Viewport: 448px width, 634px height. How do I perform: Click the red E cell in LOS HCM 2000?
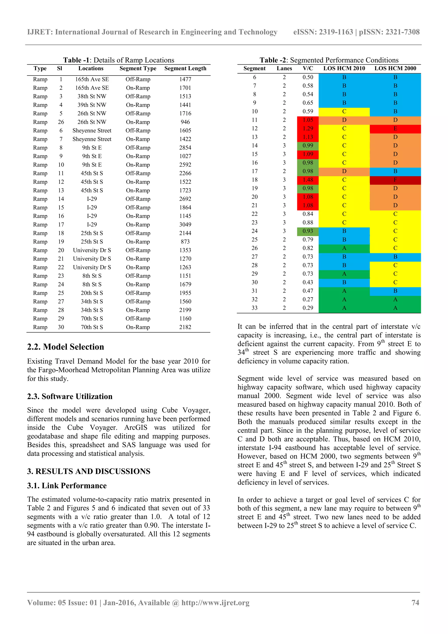coord(395,129)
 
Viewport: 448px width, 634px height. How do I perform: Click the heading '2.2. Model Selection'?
coord(65,347)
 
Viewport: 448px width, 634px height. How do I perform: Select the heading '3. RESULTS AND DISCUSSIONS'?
coord(89,471)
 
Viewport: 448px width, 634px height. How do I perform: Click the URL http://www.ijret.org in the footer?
coord(215,602)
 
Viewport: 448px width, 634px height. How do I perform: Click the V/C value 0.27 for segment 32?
coord(308,300)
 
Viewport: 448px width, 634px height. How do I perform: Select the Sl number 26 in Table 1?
coord(61,122)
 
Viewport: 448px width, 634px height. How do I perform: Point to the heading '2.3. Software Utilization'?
coord(70,397)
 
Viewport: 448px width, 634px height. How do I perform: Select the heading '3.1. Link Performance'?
coord(67,486)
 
